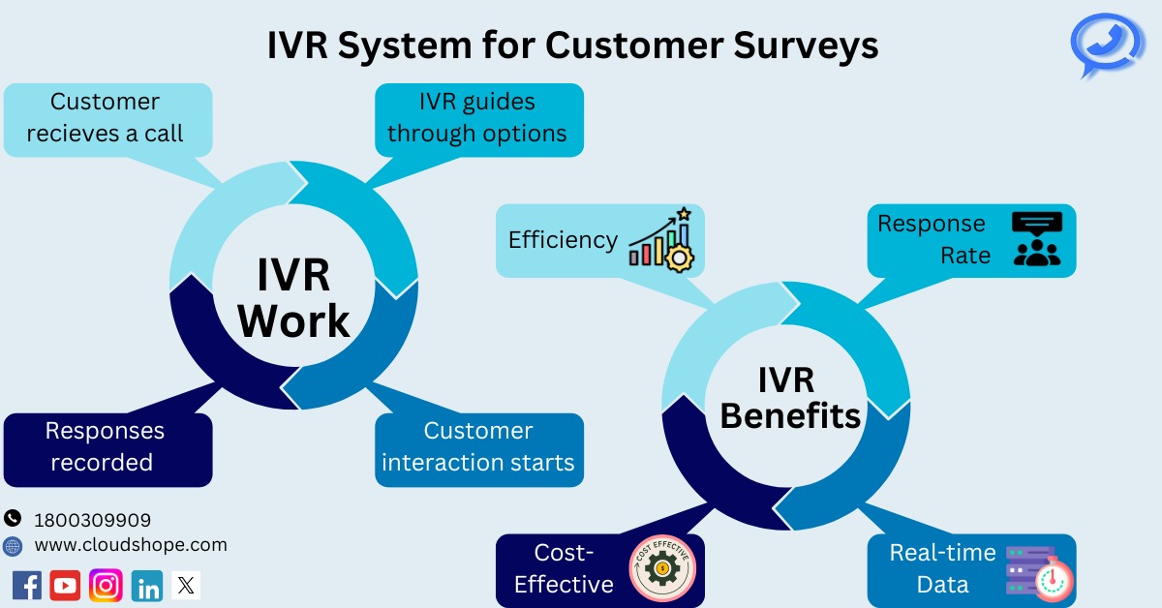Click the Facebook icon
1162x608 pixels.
pos(27,585)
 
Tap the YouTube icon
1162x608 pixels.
pos(66,585)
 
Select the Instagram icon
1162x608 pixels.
pos(106,585)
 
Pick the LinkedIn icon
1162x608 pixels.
pos(146,585)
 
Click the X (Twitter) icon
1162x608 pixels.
pos(186,585)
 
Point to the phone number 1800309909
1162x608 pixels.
pos(92,520)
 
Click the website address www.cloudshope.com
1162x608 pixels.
pos(131,545)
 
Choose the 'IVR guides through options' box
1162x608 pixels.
pos(478,118)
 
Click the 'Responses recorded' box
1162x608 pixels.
pos(107,447)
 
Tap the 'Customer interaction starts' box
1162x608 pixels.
pos(478,447)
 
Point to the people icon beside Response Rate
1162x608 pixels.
pos(1036,239)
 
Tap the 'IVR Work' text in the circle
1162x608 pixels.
pos(294,298)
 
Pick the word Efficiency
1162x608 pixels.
pos(563,239)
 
